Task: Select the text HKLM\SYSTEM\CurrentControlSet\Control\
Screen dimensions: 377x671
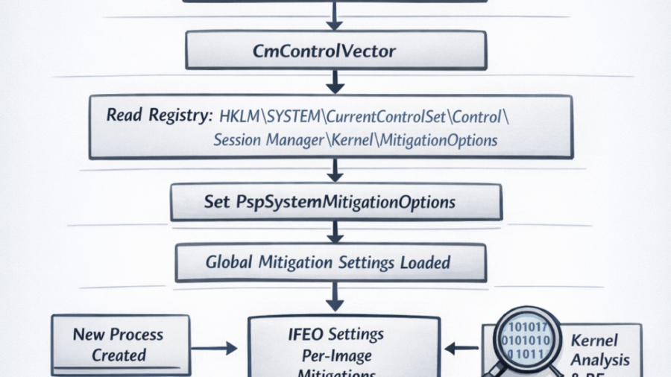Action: pyautogui.click(x=365, y=116)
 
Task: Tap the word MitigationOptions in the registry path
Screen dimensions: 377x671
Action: pyautogui.click(x=440, y=140)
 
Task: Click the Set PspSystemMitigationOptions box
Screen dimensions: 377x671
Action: pyautogui.click(x=335, y=202)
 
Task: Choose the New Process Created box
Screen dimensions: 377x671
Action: pyautogui.click(x=119, y=344)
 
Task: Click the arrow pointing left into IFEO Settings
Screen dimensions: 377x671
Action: pyautogui.click(x=462, y=347)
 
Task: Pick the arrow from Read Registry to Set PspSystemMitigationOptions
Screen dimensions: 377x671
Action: pyautogui.click(x=335, y=171)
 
